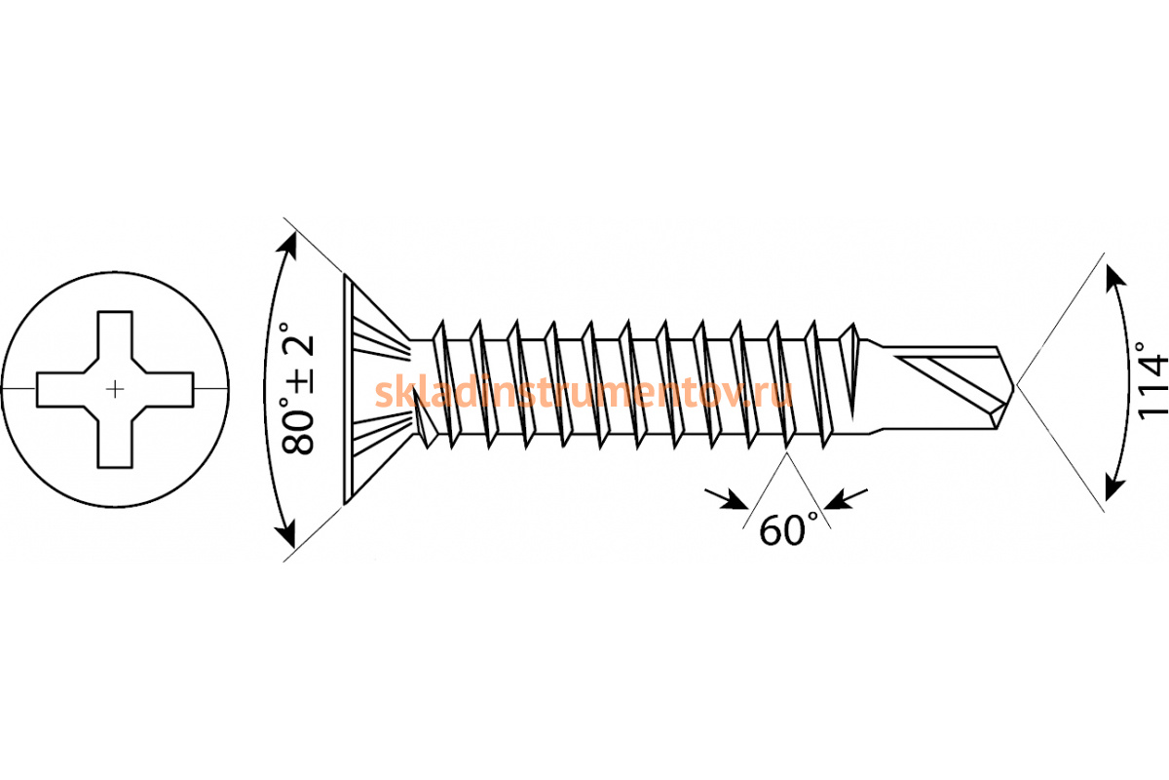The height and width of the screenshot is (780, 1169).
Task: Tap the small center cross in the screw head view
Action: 115,389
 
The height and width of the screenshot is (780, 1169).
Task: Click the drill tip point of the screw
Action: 1013,388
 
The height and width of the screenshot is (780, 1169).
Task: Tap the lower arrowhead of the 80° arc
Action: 286,534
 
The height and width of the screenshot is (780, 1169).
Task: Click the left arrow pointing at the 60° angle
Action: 727,498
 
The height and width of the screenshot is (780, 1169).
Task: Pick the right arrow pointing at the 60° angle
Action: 846,498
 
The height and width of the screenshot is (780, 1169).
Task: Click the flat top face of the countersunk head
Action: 348,390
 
